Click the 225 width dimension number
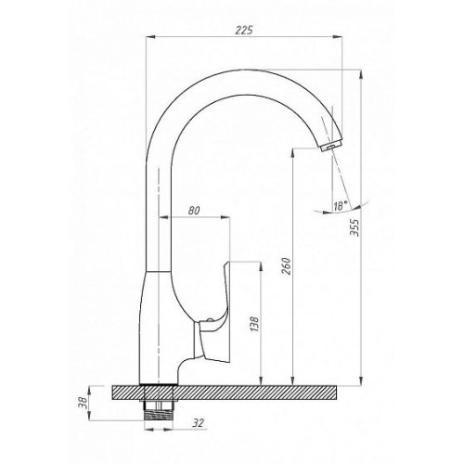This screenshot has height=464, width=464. [244, 30]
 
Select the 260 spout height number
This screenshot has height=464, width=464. [287, 266]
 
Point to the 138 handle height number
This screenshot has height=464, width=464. [255, 324]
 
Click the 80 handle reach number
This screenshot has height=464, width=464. [194, 211]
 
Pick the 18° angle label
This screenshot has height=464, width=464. [341, 206]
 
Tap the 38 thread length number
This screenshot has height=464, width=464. [83, 403]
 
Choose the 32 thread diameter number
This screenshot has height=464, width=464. [198, 423]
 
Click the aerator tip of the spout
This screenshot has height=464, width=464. [330, 146]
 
